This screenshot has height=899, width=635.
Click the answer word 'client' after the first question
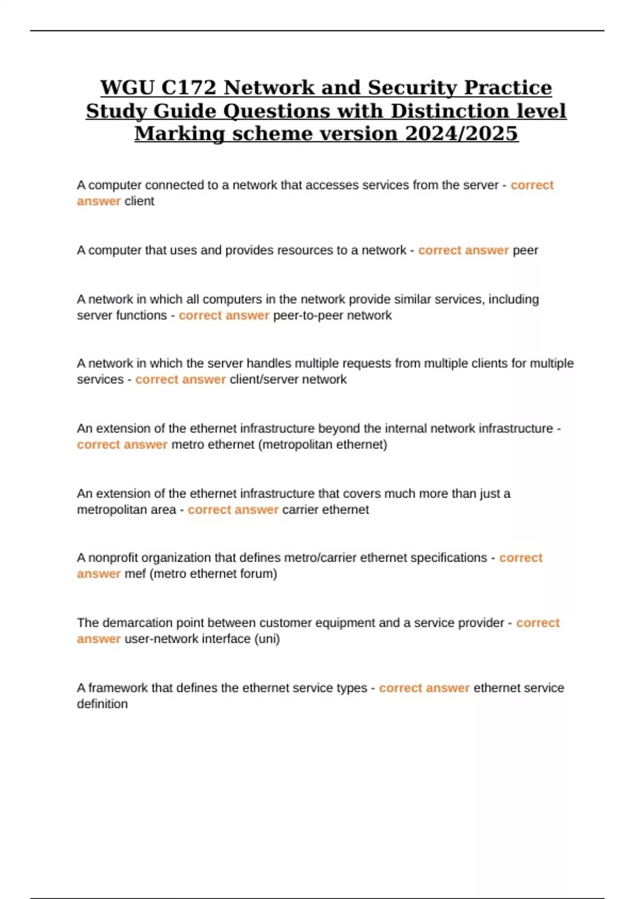(x=139, y=201)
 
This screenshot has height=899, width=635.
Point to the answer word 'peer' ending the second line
(x=525, y=250)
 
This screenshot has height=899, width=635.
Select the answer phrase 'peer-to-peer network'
(x=332, y=316)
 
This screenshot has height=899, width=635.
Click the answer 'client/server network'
(x=288, y=380)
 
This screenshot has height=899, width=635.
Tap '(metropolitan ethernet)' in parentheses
(x=323, y=445)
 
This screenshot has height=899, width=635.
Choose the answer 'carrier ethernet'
(x=325, y=510)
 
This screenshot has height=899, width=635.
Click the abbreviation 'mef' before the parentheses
(x=135, y=574)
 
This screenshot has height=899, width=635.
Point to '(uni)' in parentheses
(x=267, y=639)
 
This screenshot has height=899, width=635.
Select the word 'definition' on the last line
(x=102, y=704)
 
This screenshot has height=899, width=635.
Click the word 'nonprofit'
(x=113, y=558)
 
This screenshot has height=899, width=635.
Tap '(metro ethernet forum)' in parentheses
(x=213, y=574)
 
